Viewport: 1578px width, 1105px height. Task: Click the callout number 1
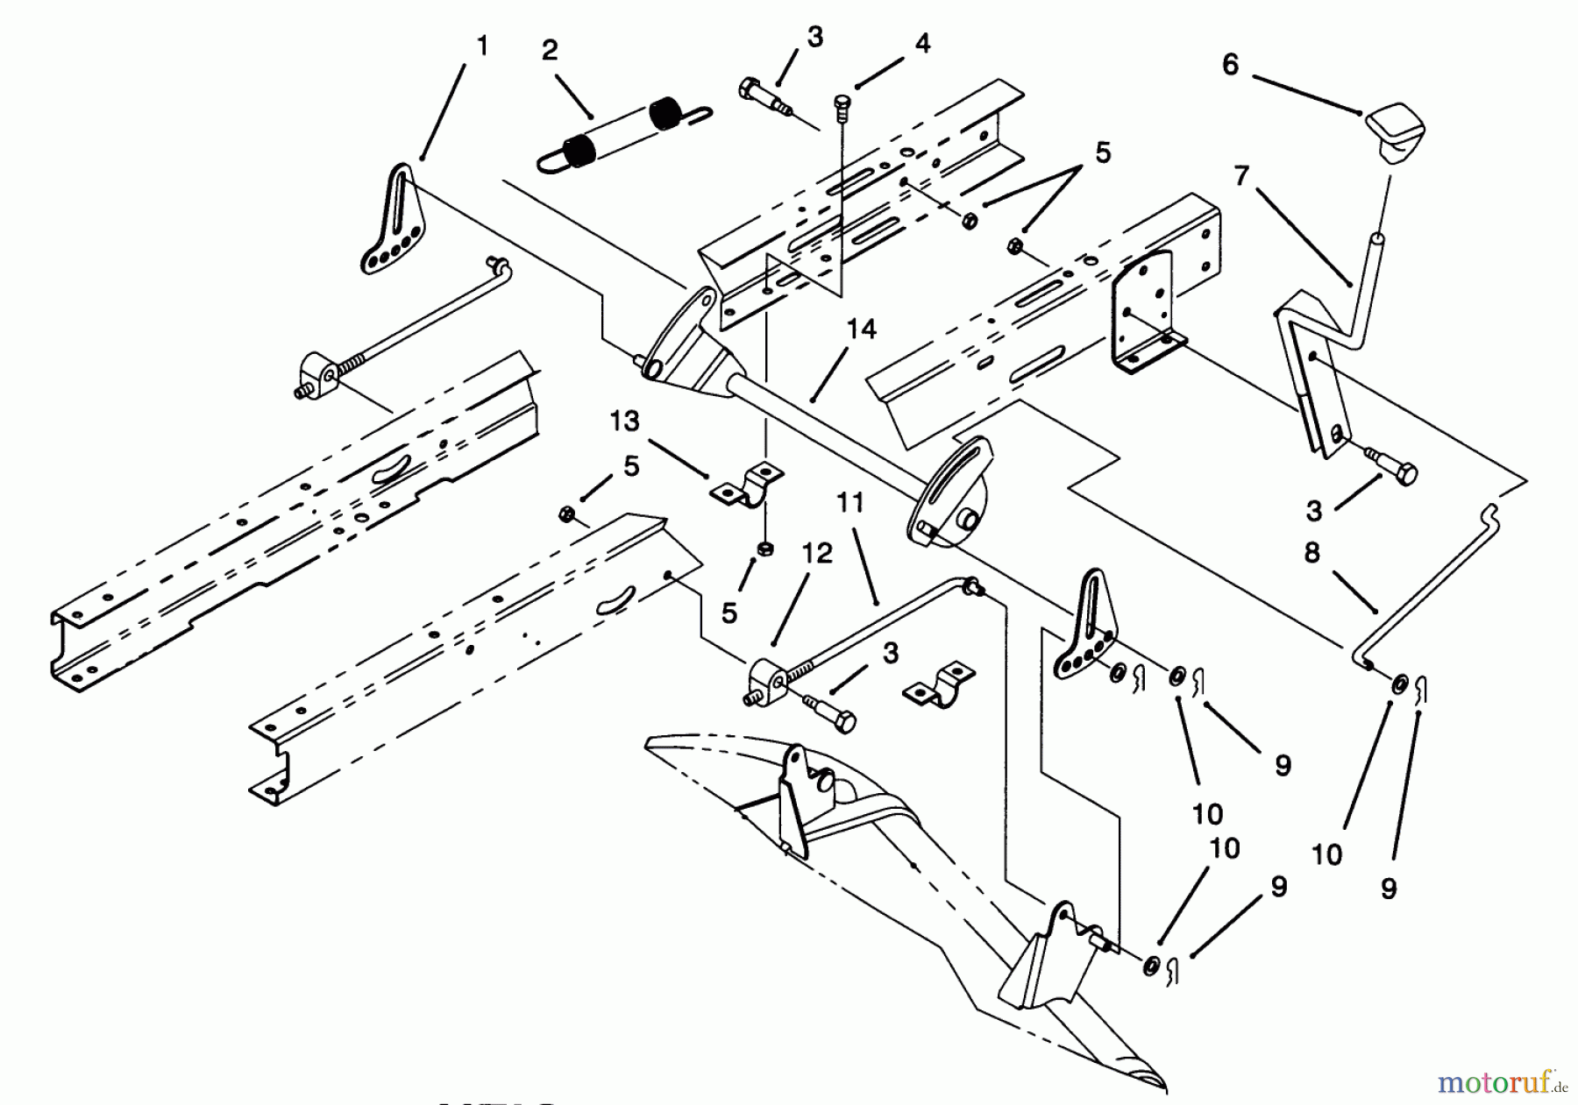(481, 46)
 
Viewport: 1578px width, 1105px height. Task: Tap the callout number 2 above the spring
(550, 50)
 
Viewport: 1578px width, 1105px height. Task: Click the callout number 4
(922, 42)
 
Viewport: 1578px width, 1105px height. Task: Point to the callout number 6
(1231, 64)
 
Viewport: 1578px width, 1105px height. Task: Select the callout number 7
(1240, 176)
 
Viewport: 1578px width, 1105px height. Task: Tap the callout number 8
(1311, 554)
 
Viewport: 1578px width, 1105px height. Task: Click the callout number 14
(862, 329)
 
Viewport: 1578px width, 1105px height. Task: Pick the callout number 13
(625, 421)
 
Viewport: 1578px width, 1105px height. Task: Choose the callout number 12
(817, 554)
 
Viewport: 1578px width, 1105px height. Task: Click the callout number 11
(849, 502)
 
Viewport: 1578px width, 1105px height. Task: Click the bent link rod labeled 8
(1438, 578)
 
